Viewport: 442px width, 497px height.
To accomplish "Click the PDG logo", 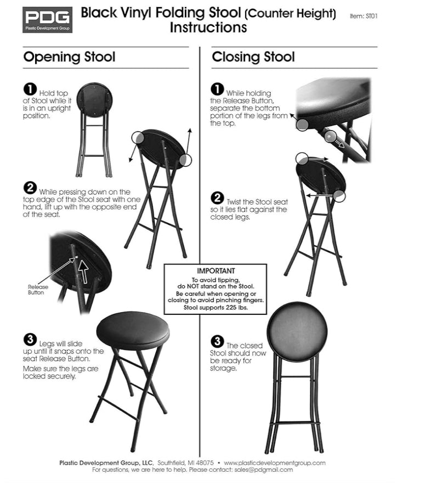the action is (x=48, y=20).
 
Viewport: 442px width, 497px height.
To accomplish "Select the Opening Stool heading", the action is (x=69, y=57).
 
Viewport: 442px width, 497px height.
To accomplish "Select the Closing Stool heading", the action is (x=253, y=57).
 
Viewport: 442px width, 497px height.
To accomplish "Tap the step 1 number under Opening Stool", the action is (x=30, y=89).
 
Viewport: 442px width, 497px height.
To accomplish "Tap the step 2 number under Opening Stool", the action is (x=30, y=188).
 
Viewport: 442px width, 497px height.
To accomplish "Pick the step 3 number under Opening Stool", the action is (x=30, y=340).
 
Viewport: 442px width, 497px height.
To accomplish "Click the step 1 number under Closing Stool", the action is (x=217, y=89).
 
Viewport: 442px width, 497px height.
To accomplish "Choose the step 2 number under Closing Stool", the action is (x=217, y=198).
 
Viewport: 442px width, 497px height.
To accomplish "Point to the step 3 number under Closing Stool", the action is (x=217, y=341).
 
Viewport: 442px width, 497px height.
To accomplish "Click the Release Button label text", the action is (x=38, y=290).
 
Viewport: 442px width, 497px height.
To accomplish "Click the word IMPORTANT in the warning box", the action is (x=216, y=271).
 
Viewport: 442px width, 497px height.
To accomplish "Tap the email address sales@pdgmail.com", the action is (x=264, y=470).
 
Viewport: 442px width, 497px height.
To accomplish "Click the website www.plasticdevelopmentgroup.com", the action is (x=275, y=463).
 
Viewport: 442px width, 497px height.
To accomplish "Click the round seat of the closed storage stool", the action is (x=297, y=332).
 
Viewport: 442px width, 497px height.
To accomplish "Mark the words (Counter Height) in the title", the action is (x=290, y=14).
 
